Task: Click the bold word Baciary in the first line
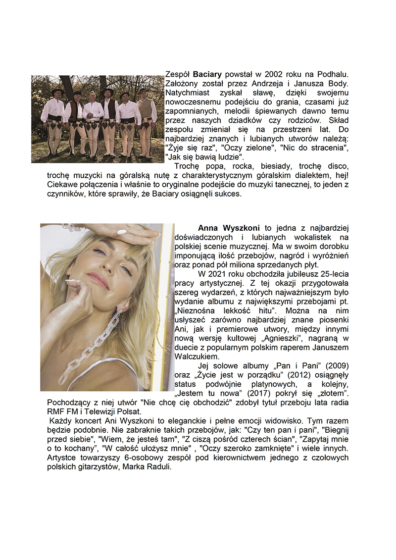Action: point(207,74)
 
